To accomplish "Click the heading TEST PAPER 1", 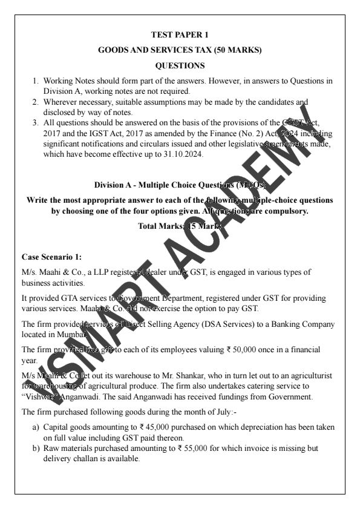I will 180,34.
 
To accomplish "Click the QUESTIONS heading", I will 180,65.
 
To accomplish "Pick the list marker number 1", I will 36,81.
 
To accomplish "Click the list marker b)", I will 36,448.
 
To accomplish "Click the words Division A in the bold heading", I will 114,185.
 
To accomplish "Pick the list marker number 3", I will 36,122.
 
